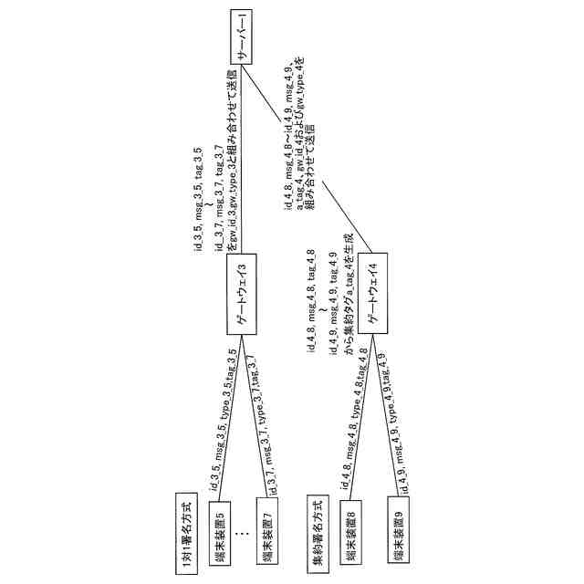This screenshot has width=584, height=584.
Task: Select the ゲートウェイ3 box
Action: click(240, 295)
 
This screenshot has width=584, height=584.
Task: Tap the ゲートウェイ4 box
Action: click(372, 295)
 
